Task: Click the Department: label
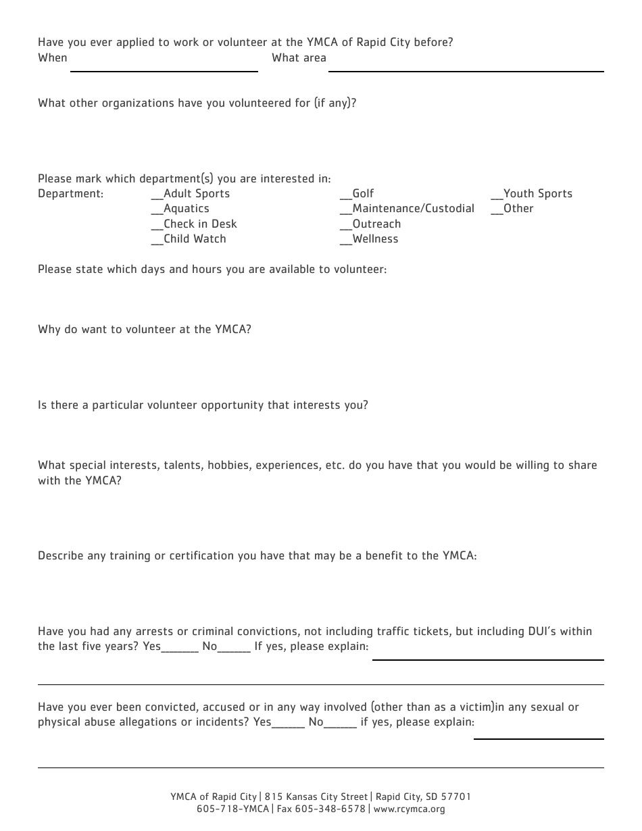pos(71,194)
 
